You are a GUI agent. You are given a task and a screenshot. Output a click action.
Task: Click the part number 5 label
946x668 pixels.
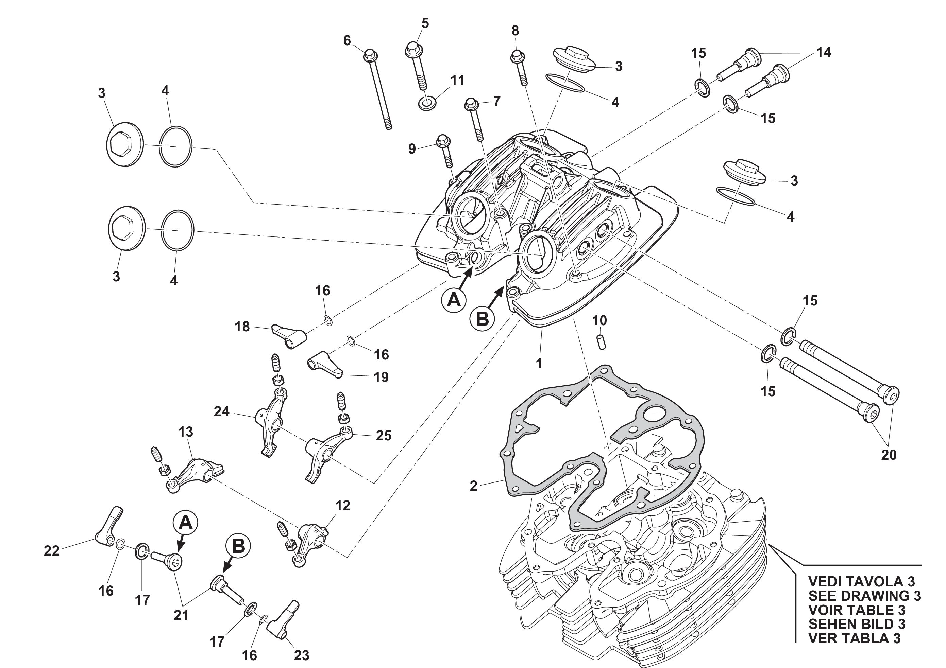point(425,23)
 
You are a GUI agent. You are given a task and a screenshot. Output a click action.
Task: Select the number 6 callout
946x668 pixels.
point(347,40)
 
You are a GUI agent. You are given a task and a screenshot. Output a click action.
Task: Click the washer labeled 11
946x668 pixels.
point(428,103)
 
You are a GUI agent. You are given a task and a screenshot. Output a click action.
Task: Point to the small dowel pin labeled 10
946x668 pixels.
point(602,342)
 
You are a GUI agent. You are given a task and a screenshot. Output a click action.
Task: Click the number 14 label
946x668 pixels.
point(824,52)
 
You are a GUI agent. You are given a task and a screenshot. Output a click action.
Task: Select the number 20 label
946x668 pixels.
point(889,455)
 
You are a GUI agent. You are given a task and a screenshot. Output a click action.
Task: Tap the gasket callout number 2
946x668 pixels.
point(473,486)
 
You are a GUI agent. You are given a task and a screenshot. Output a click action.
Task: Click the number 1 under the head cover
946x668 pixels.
point(539,364)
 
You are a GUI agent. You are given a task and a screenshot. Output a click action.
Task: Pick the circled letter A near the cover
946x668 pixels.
point(454,300)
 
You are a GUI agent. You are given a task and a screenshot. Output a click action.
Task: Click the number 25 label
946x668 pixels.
point(383,436)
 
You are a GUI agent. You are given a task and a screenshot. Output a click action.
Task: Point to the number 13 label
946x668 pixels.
point(186,432)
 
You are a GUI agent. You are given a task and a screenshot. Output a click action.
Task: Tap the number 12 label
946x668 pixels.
point(343,506)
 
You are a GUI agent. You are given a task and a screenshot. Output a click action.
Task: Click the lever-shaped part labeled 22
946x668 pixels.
point(108,527)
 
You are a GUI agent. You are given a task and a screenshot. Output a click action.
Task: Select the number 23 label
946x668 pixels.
point(302,655)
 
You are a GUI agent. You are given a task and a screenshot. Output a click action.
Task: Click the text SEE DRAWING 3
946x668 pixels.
point(864,596)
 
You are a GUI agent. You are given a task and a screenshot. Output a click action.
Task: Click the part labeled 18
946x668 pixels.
point(289,336)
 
